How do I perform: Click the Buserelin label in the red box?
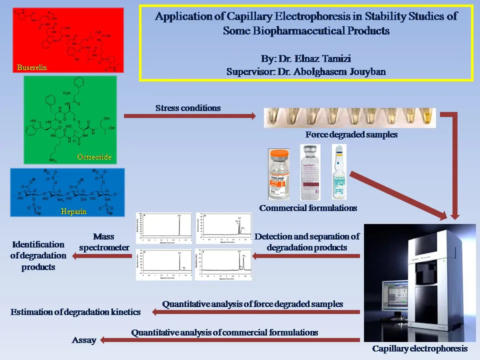click(x=31, y=67)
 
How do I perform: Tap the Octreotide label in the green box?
click(x=94, y=157)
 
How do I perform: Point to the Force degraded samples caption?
click(x=351, y=134)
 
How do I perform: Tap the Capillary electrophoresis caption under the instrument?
click(x=420, y=348)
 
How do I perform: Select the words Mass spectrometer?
click(x=110, y=241)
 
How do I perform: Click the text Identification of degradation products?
click(x=38, y=255)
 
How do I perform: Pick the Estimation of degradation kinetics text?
click(x=75, y=312)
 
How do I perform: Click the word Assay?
click(x=84, y=340)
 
